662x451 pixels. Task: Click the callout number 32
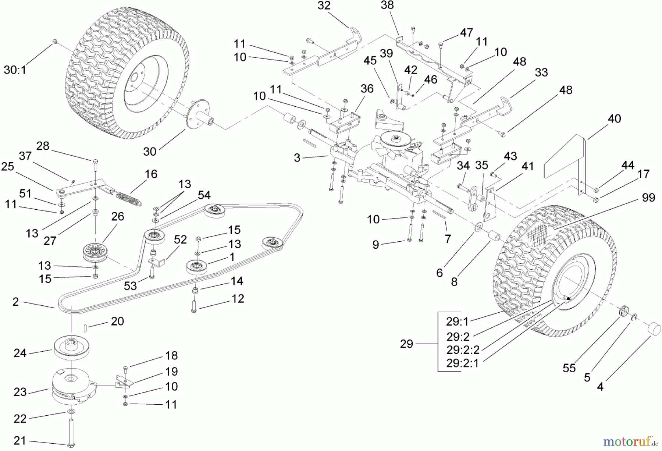pyautogui.click(x=324, y=6)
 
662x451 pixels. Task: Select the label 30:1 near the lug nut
pyautogui.click(x=15, y=70)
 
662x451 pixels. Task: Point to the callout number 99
pyautogui.click(x=648, y=198)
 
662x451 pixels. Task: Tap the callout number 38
pyautogui.click(x=387, y=5)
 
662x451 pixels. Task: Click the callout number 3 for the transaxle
pyautogui.click(x=297, y=158)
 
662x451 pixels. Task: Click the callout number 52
pyautogui.click(x=180, y=240)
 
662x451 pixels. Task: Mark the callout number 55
pyautogui.click(x=569, y=368)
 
